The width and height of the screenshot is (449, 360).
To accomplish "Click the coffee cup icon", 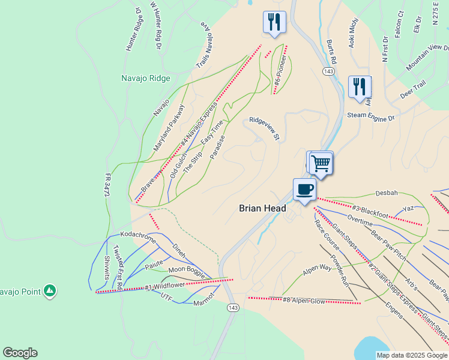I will coord(304,190).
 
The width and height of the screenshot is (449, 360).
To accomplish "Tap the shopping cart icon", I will coord(321,162).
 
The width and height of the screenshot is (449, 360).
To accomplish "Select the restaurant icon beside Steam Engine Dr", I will coord(359,87).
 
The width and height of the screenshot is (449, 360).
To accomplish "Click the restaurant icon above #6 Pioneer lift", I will coord(274,22).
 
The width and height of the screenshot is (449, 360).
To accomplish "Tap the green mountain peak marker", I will coord(50,291).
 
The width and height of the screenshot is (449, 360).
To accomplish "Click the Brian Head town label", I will coord(262,208).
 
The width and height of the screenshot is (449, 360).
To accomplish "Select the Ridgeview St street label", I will coord(265,128).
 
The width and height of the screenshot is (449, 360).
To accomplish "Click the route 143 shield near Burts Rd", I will coord(328,71).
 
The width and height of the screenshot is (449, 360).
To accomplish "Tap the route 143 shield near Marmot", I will coord(232,307).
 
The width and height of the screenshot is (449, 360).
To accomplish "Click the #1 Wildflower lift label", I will coord(164,286).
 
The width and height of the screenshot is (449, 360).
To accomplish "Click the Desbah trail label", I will coord(387,193).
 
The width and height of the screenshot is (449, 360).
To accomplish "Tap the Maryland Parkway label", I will coord(169,127).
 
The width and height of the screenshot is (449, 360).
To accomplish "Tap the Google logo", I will coord(20,353).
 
